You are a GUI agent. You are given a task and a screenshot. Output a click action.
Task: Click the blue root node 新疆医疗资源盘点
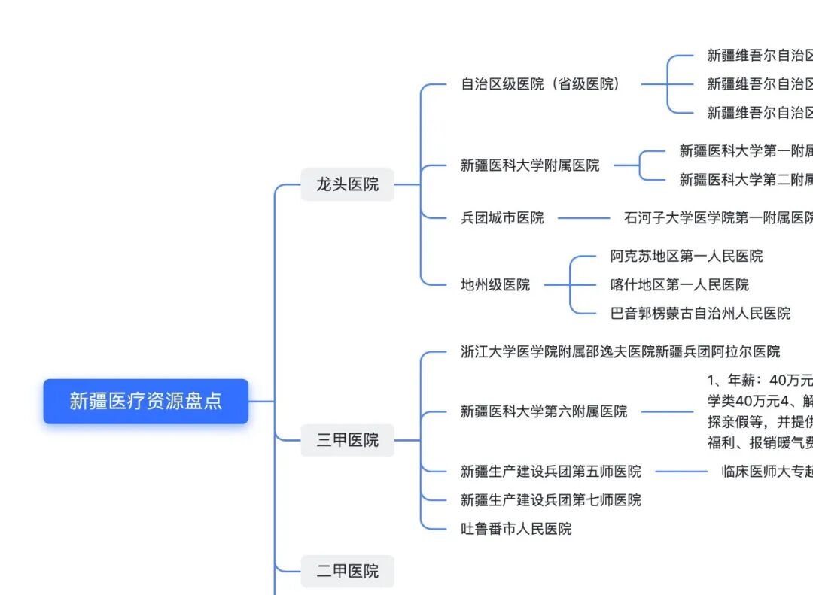pyautogui.click(x=145, y=401)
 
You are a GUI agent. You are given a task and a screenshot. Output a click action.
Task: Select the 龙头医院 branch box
pyautogui.click(x=347, y=184)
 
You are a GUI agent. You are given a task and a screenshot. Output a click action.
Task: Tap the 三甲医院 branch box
pyautogui.click(x=347, y=440)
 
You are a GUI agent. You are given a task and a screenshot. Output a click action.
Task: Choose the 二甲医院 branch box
pyautogui.click(x=347, y=572)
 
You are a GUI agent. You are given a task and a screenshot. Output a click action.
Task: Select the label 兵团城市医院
pyautogui.click(x=502, y=218)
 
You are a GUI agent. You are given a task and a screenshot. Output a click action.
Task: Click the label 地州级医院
pyautogui.click(x=495, y=284)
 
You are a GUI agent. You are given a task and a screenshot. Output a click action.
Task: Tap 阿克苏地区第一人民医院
pyautogui.click(x=686, y=257)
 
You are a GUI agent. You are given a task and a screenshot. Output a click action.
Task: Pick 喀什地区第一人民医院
pyautogui.click(x=679, y=284)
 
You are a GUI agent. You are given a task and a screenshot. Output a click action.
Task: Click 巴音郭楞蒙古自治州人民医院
pyautogui.click(x=700, y=313)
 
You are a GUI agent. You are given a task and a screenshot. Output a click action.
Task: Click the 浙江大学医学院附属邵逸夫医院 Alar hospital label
pyautogui.click(x=620, y=351)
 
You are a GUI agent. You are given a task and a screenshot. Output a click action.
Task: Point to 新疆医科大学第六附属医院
pyautogui.click(x=544, y=411)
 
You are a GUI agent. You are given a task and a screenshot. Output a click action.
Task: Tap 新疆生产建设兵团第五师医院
pyautogui.click(x=550, y=472)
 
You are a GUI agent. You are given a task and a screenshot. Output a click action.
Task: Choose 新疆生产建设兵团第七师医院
pyautogui.click(x=550, y=500)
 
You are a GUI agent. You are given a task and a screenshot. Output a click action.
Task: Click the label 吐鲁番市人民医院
pyautogui.click(x=516, y=529)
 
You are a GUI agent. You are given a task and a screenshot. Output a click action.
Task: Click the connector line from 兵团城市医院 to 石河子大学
pyautogui.click(x=583, y=218)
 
